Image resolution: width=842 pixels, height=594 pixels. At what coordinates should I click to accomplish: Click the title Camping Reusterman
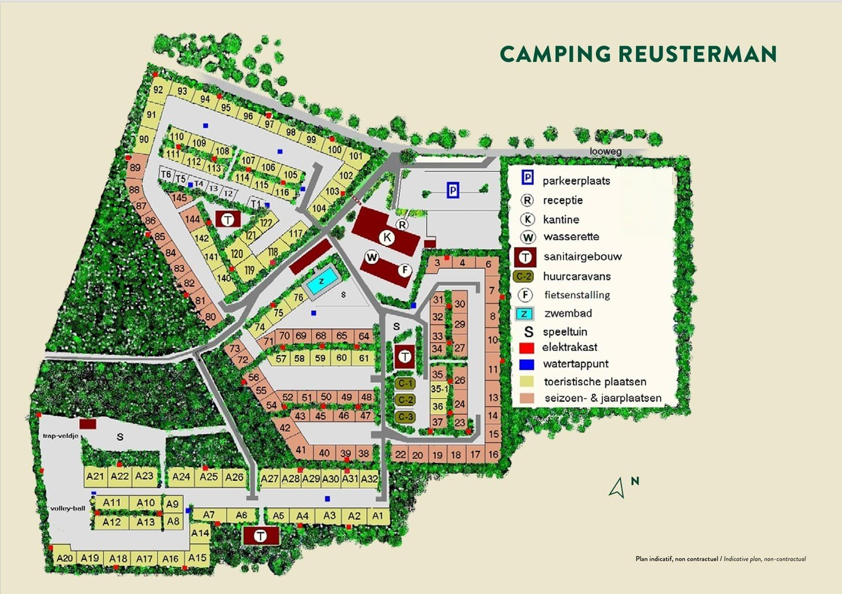[x=638, y=54]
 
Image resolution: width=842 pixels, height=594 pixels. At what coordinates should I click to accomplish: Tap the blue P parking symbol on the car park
[x=452, y=190]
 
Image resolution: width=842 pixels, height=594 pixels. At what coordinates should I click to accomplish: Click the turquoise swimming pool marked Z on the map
[x=321, y=281]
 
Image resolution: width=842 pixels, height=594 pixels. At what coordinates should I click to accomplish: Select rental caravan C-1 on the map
[x=405, y=384]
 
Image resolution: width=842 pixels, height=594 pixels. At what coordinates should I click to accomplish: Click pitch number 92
[x=158, y=90]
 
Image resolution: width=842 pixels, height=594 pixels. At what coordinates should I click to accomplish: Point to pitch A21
[x=95, y=476]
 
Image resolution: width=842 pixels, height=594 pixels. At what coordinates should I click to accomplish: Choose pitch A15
[x=198, y=558]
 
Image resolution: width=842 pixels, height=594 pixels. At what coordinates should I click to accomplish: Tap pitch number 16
[x=493, y=454]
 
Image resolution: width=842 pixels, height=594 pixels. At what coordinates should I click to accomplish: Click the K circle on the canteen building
[x=387, y=237]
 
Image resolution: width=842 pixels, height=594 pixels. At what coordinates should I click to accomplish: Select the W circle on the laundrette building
[x=372, y=257]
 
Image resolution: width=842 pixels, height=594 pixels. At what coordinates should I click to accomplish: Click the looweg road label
[x=606, y=151]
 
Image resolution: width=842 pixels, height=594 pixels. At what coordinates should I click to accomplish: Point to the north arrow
[x=617, y=487]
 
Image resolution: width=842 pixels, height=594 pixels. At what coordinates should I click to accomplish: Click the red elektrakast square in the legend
[x=527, y=348]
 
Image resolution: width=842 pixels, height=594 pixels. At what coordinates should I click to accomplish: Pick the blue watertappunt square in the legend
[x=527, y=364]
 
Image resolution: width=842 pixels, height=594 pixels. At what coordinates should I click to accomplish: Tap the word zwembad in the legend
[x=568, y=313]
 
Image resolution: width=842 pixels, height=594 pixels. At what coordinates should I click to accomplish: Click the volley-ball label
[x=68, y=508]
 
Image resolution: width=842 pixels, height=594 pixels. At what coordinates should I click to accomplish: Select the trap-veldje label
[x=61, y=436]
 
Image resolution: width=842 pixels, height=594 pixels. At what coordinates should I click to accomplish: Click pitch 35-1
[x=440, y=389]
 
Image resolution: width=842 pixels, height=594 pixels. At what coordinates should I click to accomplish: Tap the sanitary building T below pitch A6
[x=260, y=536]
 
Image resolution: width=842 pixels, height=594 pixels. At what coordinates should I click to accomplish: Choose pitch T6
[x=166, y=174]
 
